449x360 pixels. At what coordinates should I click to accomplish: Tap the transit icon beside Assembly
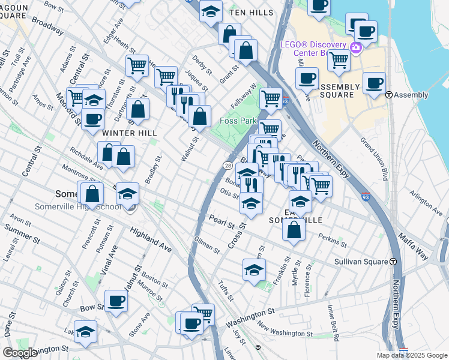(389, 95)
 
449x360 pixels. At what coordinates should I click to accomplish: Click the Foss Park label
(238, 121)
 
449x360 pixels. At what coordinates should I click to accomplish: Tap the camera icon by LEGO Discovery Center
(356, 48)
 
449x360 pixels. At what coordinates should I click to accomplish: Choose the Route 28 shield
(228, 165)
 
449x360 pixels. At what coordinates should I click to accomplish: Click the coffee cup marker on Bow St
(116, 301)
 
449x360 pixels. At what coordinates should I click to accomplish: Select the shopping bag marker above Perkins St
(294, 230)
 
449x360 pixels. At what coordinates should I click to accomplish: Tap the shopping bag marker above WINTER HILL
(138, 109)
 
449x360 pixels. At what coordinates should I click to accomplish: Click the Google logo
(19, 353)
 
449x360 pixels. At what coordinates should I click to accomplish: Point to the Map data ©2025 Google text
(411, 355)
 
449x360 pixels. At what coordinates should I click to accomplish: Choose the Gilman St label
(206, 245)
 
